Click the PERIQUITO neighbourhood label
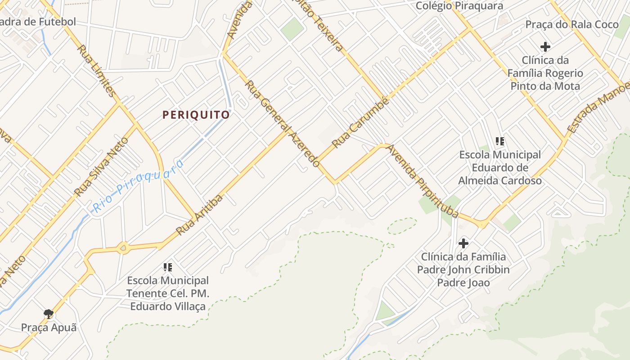click(x=196, y=115)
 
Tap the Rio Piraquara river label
click(x=139, y=186)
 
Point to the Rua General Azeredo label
click(x=283, y=124)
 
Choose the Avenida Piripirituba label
click(x=423, y=181)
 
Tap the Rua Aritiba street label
click(x=199, y=215)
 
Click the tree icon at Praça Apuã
click(x=49, y=314)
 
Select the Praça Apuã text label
click(x=49, y=327)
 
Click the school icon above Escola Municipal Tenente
click(x=168, y=268)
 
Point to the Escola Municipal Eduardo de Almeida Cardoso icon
click(x=499, y=142)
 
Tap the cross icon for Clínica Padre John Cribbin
click(x=463, y=243)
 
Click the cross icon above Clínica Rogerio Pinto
click(x=545, y=46)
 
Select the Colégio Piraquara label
click(x=459, y=6)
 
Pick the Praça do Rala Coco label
click(x=572, y=24)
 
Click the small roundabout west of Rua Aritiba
click(x=123, y=247)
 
